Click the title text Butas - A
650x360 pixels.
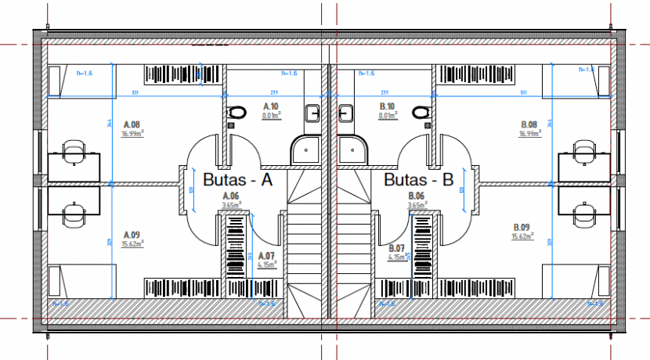point(237,180)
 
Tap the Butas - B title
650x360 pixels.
point(419,180)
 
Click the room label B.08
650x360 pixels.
point(529,124)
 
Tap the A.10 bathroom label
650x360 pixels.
point(271,106)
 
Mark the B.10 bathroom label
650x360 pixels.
point(386,106)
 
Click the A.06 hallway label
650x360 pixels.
point(230,196)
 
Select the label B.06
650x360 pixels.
point(416,196)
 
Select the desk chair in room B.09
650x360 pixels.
point(583,213)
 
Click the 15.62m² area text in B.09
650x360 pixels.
point(522,236)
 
